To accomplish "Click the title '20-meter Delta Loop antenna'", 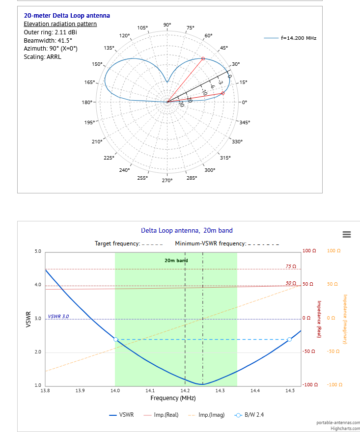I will pyautogui.click(x=67, y=16).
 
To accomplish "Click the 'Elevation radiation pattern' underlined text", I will pyautogui.click(x=60, y=24).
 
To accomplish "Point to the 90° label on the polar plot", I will pyautogui.click(x=167, y=25).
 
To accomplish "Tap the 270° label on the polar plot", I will pyautogui.click(x=167, y=180).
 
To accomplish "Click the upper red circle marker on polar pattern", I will pyautogui.click(x=203, y=58).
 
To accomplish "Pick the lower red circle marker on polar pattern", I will pyautogui.click(x=222, y=93).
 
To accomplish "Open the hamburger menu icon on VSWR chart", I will pyautogui.click(x=347, y=234).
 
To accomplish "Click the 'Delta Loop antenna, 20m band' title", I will pyautogui.click(x=187, y=230).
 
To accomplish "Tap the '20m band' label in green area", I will pyautogui.click(x=176, y=261).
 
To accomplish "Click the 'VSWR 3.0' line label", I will pyautogui.click(x=58, y=316).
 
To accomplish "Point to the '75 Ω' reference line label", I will pyautogui.click(x=291, y=266).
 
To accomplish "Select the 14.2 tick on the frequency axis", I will pyautogui.click(x=185, y=391).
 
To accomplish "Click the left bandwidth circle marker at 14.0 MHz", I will pyautogui.click(x=115, y=339).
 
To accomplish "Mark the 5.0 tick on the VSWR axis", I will pyautogui.click(x=38, y=251).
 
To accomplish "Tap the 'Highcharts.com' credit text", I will pyautogui.click(x=345, y=428).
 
